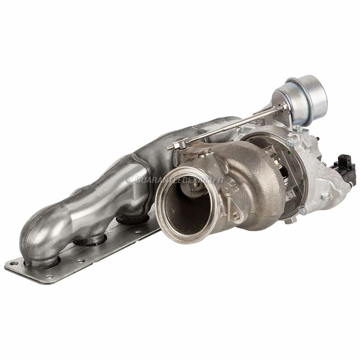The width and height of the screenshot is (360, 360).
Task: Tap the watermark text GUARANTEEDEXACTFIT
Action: click(180, 180)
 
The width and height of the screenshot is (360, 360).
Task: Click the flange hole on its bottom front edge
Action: click(49, 276)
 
